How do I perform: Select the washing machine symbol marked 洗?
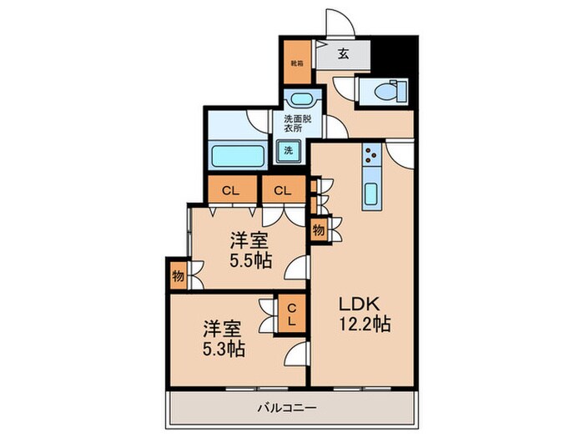tap(288, 151)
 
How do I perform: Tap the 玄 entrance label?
tap(343, 57)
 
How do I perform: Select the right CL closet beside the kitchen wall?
tap(283, 190)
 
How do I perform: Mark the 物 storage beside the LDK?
tap(319, 229)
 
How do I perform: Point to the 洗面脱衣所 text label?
tap(297, 123)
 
